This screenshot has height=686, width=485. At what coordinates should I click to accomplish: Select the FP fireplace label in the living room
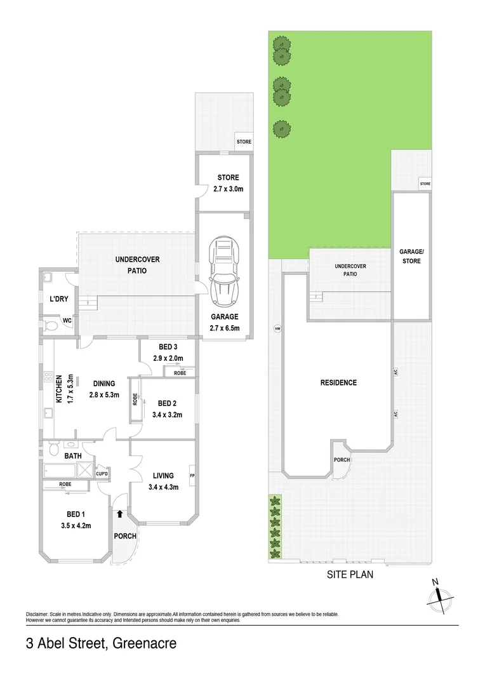pyautogui.click(x=192, y=475)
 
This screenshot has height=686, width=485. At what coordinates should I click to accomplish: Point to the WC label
pyautogui.click(x=67, y=321)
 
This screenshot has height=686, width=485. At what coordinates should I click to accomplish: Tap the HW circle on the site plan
pyautogui.click(x=277, y=328)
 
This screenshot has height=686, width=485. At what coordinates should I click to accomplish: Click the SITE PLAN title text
pyautogui.click(x=350, y=575)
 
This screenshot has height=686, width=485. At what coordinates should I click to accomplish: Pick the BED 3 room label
pyautogui.click(x=168, y=346)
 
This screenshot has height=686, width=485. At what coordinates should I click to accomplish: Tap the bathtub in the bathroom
pyautogui.click(x=59, y=470)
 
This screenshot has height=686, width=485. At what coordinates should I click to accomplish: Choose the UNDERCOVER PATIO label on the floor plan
pyautogui.click(x=137, y=264)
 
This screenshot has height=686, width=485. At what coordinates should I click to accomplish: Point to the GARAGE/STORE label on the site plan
pyautogui.click(x=411, y=257)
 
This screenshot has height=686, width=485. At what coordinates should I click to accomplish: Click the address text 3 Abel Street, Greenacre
pyautogui.click(x=101, y=643)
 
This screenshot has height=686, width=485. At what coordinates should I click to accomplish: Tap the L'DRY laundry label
pyautogui.click(x=59, y=299)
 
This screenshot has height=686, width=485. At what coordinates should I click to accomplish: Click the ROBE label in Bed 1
pyautogui.click(x=65, y=485)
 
